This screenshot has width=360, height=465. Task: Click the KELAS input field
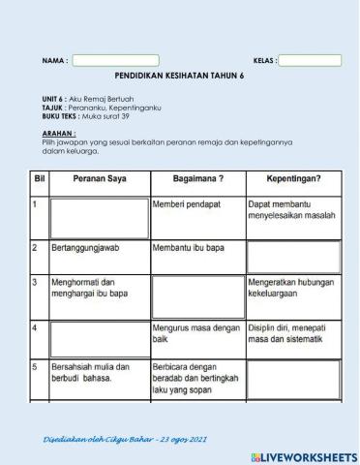click(x=310, y=60)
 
